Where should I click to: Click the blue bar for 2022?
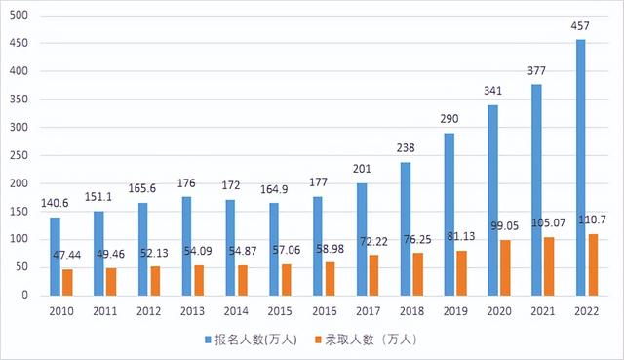pyautogui.click(x=581, y=167)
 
